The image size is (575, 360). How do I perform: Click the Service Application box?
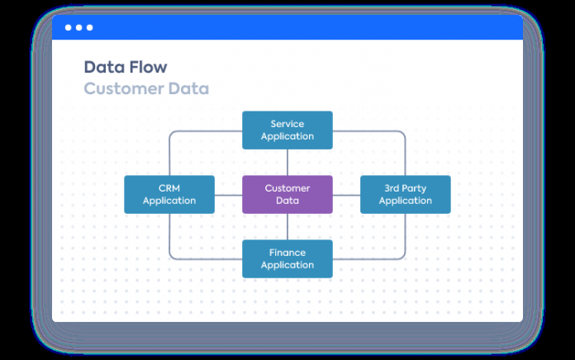[287, 130]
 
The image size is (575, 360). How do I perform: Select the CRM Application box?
[169, 195]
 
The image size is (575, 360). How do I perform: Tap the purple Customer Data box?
[287, 195]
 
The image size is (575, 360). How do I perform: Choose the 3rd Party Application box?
[406, 195]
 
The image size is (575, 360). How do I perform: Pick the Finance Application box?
[287, 258]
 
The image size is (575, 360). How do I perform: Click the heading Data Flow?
[126, 67]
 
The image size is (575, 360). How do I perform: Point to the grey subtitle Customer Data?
[146, 88]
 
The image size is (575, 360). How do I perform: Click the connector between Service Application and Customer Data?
[287, 163]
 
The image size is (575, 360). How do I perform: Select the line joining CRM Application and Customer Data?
[229, 195]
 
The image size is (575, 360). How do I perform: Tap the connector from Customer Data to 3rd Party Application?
[346, 195]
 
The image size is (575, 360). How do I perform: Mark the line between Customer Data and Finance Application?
[287, 227]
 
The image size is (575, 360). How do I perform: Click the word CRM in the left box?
[169, 188]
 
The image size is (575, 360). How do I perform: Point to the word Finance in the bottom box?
[287, 253]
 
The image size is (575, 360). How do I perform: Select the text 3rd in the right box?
[392, 188]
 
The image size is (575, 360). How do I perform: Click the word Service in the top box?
[287, 124]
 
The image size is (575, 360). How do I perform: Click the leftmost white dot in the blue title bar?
[69, 27]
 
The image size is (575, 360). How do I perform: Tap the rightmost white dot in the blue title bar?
[89, 27]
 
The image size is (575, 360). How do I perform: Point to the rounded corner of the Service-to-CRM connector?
[171, 133]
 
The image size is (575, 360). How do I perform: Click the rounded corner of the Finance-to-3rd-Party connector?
[403, 257]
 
